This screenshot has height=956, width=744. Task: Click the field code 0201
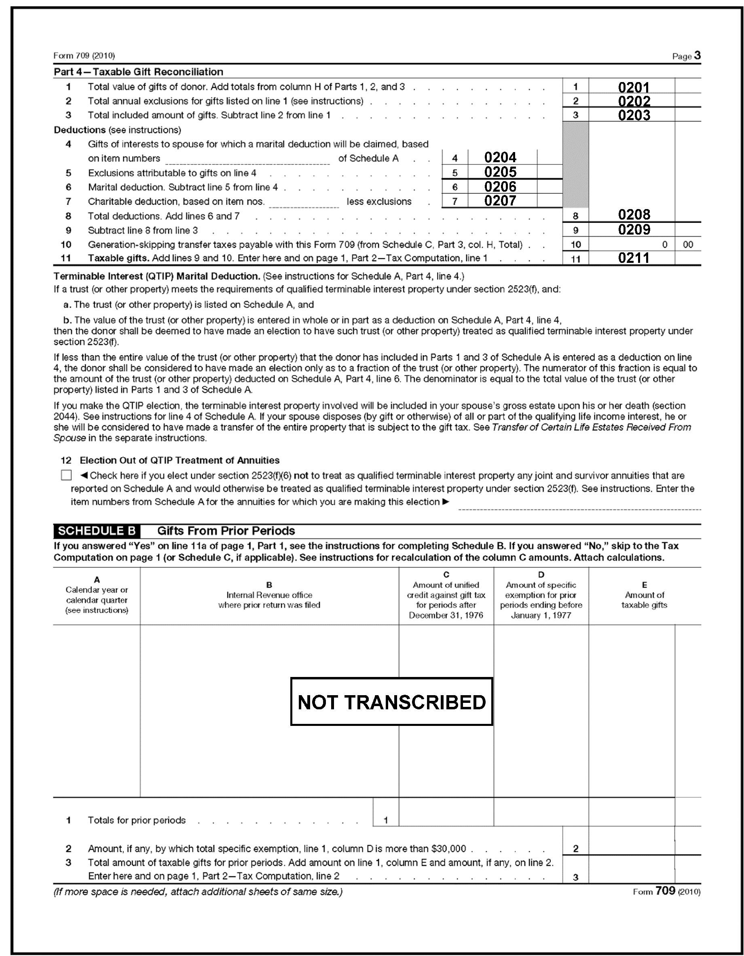634,87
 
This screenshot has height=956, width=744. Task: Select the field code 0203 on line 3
634,115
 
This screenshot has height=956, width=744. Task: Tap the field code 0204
500,157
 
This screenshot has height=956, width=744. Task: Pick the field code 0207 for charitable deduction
500,201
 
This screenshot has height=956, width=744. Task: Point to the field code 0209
634,229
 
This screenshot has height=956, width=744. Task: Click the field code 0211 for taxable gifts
634,258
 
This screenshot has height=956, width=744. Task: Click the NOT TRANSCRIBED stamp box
391,702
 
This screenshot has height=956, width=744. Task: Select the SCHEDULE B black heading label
97,531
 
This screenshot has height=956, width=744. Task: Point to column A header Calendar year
97,595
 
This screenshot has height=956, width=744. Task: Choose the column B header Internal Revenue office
269,600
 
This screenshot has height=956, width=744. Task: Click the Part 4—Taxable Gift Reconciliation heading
138,72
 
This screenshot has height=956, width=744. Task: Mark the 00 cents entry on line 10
687,245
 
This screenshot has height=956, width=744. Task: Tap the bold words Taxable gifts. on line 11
118,258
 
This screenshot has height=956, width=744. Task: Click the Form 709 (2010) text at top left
84,55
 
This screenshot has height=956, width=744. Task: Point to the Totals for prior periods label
137,820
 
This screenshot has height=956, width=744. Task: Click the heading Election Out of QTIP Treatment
180,461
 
